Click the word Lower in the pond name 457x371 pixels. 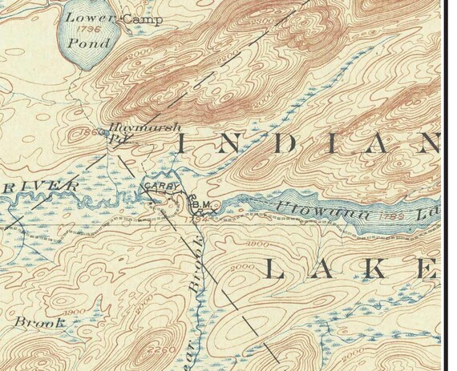click(x=86, y=18)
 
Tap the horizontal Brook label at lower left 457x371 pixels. click(x=38, y=321)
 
